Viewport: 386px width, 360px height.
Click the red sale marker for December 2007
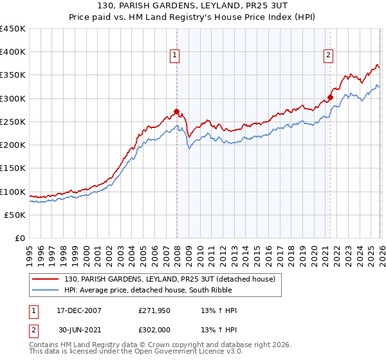pos(176,111)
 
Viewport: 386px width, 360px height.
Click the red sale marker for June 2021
pos(330,98)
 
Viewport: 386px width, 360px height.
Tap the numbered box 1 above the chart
pos(174,56)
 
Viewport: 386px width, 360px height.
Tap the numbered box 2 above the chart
pos(328,56)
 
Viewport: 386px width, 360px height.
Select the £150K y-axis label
pos(13,168)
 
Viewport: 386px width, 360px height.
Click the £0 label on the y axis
pos(21,238)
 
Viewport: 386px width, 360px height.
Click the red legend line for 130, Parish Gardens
pos(46,279)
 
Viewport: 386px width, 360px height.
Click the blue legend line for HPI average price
pos(46,290)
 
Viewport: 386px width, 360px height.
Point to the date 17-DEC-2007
pos(73,310)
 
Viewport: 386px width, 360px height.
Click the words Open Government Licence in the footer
pos(163,352)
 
